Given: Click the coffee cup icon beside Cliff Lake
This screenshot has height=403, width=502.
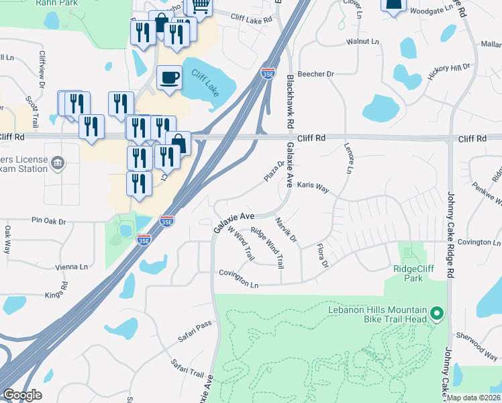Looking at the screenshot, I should (169, 77).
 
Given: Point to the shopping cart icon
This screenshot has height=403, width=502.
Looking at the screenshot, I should (199, 6).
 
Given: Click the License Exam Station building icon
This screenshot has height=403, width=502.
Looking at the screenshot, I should (58, 163).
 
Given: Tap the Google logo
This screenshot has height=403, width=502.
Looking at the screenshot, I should (22, 395).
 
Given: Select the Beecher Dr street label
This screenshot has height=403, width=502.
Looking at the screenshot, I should (316, 74).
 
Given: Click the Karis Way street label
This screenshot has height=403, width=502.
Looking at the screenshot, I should (313, 187).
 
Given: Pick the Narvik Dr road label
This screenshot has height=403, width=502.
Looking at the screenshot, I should (286, 229).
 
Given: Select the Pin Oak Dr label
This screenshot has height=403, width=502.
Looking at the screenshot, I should (49, 220).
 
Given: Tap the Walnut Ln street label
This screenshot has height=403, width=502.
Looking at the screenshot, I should (362, 42).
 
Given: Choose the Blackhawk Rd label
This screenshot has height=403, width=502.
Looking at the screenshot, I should (291, 101).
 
